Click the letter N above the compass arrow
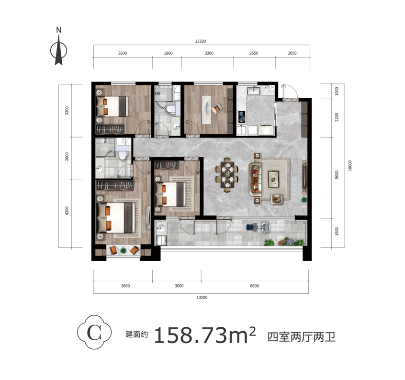tap(58, 30)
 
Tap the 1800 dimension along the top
tap(168, 53)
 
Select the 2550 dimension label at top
tap(254, 53)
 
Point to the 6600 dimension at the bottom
tap(254, 286)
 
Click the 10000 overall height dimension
tap(350, 165)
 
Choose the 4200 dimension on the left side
tap(67, 211)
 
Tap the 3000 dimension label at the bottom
tap(179, 286)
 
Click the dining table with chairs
tap(227, 175)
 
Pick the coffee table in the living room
tap(273, 179)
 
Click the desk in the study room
tap(206, 110)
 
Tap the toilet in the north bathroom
tap(171, 109)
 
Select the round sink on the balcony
tap(161, 228)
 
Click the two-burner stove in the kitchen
tap(242, 116)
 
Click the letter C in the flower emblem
tap(94, 333)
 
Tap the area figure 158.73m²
tap(205, 335)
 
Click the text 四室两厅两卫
tap(302, 337)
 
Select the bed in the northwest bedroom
tap(112, 106)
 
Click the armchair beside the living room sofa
tap(277, 199)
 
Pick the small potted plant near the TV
tap(304, 199)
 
